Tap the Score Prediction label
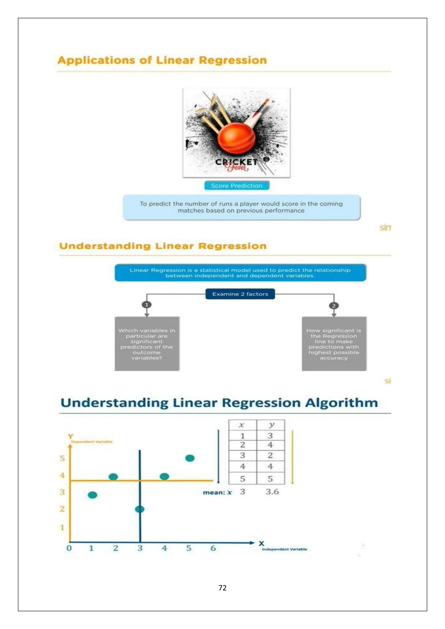236,185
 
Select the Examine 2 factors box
240,294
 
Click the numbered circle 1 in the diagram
147,305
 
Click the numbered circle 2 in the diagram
334,305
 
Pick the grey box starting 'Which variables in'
147,344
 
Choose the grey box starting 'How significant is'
334,344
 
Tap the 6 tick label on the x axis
213,548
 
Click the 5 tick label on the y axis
62,458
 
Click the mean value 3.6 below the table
272,492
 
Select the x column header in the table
241,425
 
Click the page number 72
222,588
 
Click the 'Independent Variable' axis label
284,549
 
